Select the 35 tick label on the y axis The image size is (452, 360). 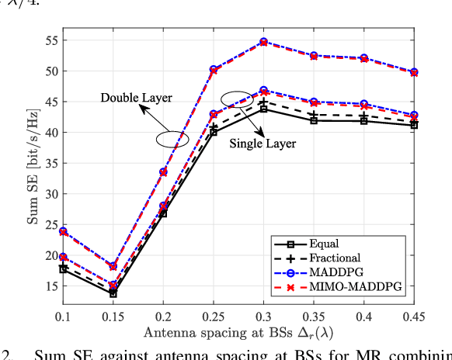coord(51,163)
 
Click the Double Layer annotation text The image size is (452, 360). coord(136,98)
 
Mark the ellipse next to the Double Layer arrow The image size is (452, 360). coord(172,139)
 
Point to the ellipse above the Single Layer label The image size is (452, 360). coord(237,99)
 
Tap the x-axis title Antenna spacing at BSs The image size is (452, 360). coord(239,332)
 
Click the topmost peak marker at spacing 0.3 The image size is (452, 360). coord(263,41)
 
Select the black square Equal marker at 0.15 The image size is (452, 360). coord(113,293)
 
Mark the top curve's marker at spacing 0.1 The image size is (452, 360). coord(64,231)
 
